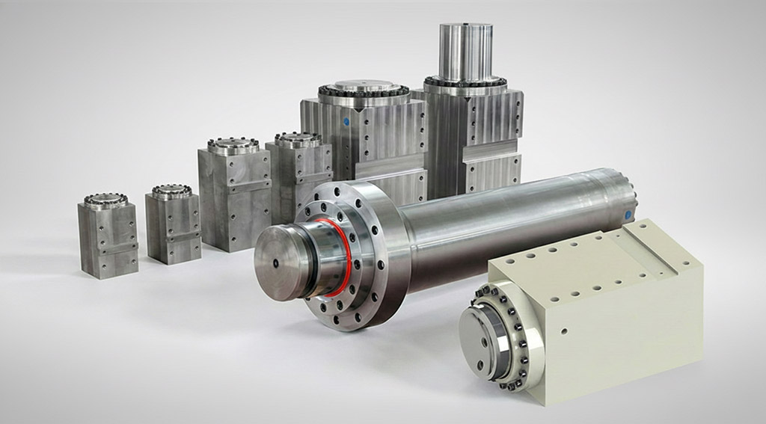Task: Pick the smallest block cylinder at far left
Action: click(x=107, y=238)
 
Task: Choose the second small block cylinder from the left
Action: click(x=173, y=227)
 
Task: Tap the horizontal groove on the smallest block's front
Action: click(x=108, y=248)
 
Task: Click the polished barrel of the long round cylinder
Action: click(x=509, y=217)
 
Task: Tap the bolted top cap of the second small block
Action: click(x=171, y=191)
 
